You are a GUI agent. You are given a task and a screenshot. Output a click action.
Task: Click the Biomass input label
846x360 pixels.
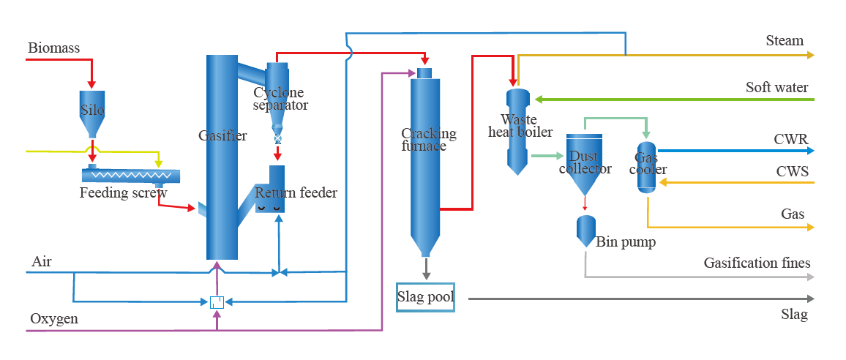click(x=53, y=48)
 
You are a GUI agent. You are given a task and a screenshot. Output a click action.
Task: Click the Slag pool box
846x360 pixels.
click(x=425, y=297)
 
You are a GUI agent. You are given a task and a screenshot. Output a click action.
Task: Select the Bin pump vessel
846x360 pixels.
click(x=585, y=231)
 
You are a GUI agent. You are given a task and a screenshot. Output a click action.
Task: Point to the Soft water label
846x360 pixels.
click(x=776, y=88)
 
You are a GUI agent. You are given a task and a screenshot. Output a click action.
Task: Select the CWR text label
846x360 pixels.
click(x=791, y=139)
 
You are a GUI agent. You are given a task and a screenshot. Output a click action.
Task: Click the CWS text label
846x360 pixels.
click(x=792, y=171)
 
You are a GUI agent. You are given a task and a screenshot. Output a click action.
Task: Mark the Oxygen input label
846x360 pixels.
click(x=54, y=319)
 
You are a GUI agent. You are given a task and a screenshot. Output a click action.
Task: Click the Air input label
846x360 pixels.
click(x=42, y=261)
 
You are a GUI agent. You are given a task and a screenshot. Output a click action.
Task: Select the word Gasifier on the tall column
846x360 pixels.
click(x=222, y=135)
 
